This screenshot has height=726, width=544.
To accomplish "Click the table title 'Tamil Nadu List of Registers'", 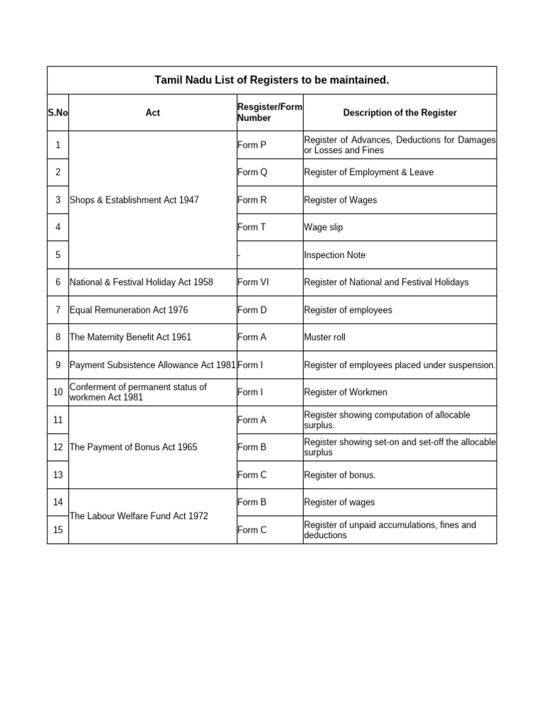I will tap(272, 80).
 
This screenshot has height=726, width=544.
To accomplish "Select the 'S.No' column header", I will tap(57, 113).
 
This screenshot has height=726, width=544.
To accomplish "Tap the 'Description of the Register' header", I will tap(399, 113).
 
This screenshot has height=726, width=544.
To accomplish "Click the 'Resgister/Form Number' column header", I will tap(269, 113).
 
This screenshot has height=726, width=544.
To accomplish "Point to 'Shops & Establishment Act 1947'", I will tap(134, 200).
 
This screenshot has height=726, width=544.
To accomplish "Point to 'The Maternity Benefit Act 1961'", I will tap(130, 337).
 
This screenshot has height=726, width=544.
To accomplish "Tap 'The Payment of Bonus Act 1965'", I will tap(133, 447).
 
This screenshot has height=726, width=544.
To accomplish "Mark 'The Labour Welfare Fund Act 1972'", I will tap(139, 516).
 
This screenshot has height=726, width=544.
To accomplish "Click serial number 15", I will tap(57, 530).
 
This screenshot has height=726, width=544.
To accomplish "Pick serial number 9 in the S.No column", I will tap(57, 365).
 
